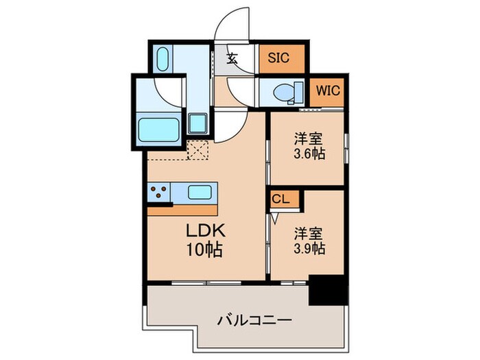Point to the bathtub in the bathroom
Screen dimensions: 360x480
pos(161,129)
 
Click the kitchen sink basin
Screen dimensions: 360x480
pos(199,192)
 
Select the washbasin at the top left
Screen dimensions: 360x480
pos(163,60)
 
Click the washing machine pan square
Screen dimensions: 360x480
pos(199,123)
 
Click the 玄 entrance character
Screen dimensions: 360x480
pos(232,59)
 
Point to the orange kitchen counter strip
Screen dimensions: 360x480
pos(182,210)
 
